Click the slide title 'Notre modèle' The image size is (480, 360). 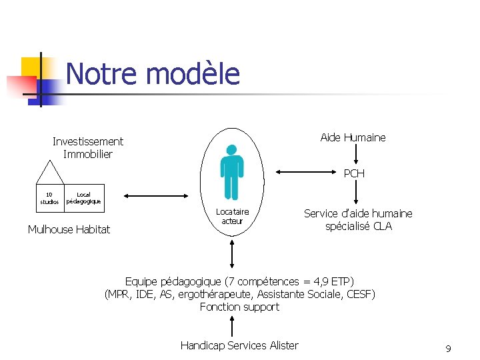coord(153,73)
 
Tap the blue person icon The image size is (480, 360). coord(232,172)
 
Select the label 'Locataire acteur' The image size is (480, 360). coord(232,216)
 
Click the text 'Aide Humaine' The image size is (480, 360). coord(353,138)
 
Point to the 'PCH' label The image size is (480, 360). coord(354,174)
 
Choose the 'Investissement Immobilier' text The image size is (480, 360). coord(88,148)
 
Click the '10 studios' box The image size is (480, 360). coord(49,198)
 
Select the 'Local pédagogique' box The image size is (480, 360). coord(83,198)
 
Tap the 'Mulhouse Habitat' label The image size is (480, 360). coord(69,230)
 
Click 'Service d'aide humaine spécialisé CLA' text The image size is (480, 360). coord(358,220)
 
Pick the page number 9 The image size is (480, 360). coord(448,349)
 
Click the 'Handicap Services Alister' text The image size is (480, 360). coord(239,345)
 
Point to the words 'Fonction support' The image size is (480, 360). coord(239,307)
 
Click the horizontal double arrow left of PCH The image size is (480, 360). coord(304,172)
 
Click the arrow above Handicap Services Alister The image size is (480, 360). coord(231,327)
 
